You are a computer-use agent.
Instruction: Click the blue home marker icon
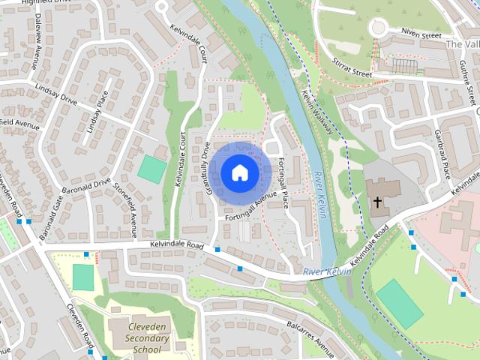(238, 172)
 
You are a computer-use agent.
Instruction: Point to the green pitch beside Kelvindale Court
(152, 168)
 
